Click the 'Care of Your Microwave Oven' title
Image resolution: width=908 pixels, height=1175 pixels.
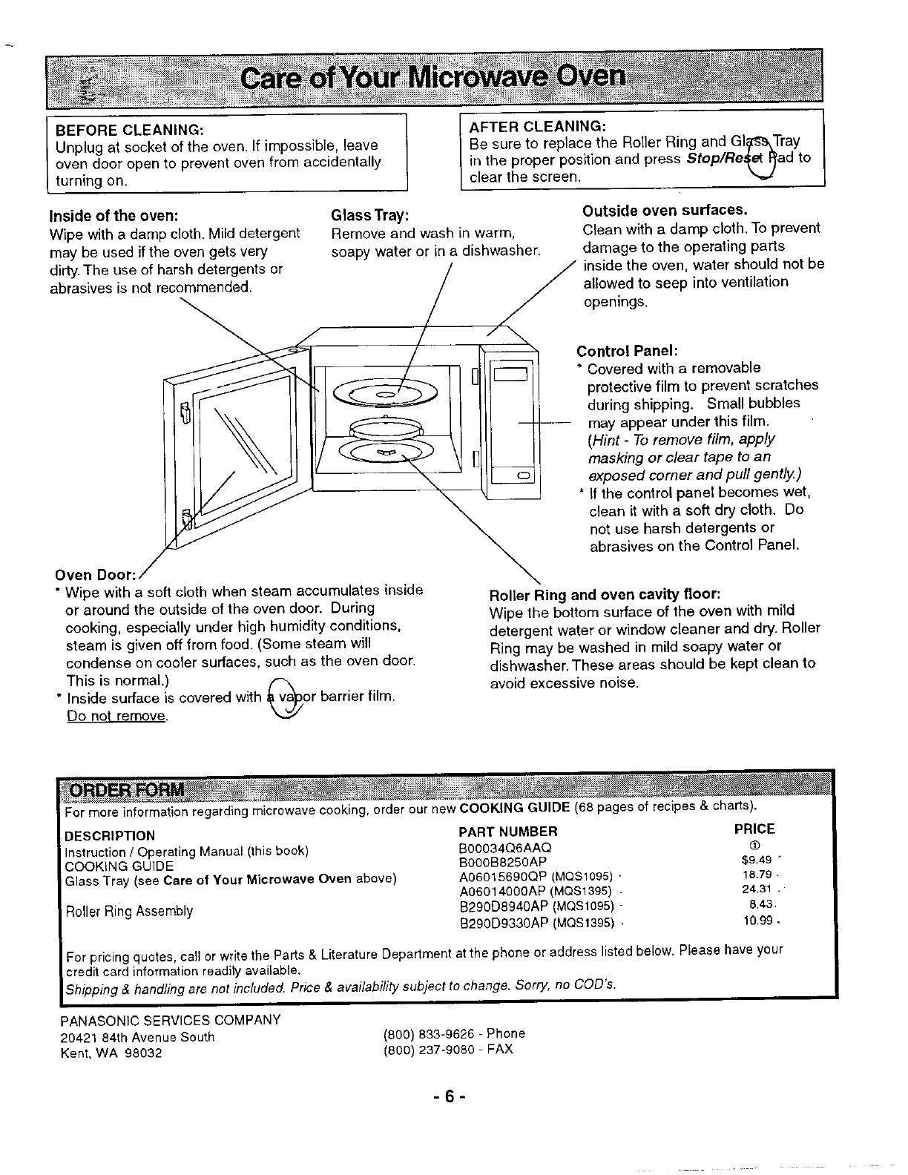[434, 76]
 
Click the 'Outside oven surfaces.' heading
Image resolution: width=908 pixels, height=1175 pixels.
[665, 210]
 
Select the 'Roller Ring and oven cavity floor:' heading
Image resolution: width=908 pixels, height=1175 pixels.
[605, 594]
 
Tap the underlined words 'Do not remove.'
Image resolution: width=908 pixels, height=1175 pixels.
[117, 717]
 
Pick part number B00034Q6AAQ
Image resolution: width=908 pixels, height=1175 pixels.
[506, 847]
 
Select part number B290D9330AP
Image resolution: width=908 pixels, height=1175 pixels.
[505, 923]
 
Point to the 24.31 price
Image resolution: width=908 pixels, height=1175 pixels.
[757, 889]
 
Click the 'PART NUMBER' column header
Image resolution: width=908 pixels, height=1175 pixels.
[508, 832]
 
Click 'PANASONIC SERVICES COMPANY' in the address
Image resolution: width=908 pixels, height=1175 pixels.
[170, 1020]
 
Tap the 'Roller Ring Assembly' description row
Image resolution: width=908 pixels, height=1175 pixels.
[129, 911]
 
